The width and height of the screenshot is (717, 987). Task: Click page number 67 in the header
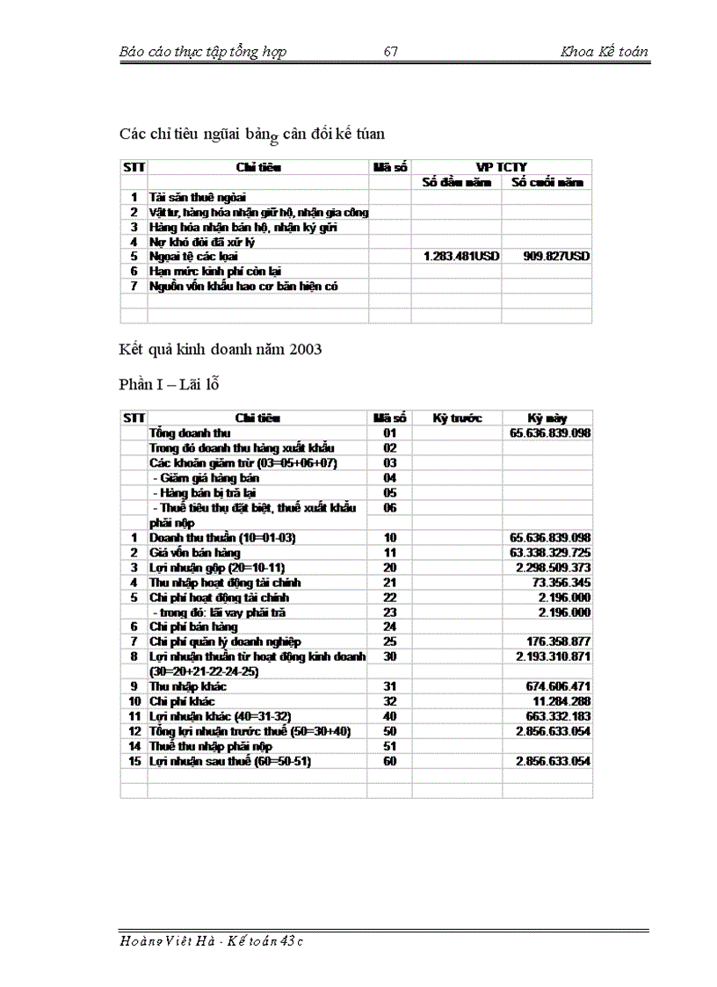(x=391, y=52)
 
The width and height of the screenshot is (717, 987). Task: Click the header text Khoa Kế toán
(x=604, y=52)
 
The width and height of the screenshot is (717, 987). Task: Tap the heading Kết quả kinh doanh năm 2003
(x=221, y=350)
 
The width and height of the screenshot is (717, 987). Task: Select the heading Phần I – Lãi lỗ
(x=169, y=385)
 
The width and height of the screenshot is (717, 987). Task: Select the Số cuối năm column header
(x=547, y=182)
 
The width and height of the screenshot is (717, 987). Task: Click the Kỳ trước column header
(x=457, y=418)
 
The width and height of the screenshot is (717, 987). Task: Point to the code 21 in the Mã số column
(x=390, y=583)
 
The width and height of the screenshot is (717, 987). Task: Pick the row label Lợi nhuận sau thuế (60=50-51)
(x=229, y=760)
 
